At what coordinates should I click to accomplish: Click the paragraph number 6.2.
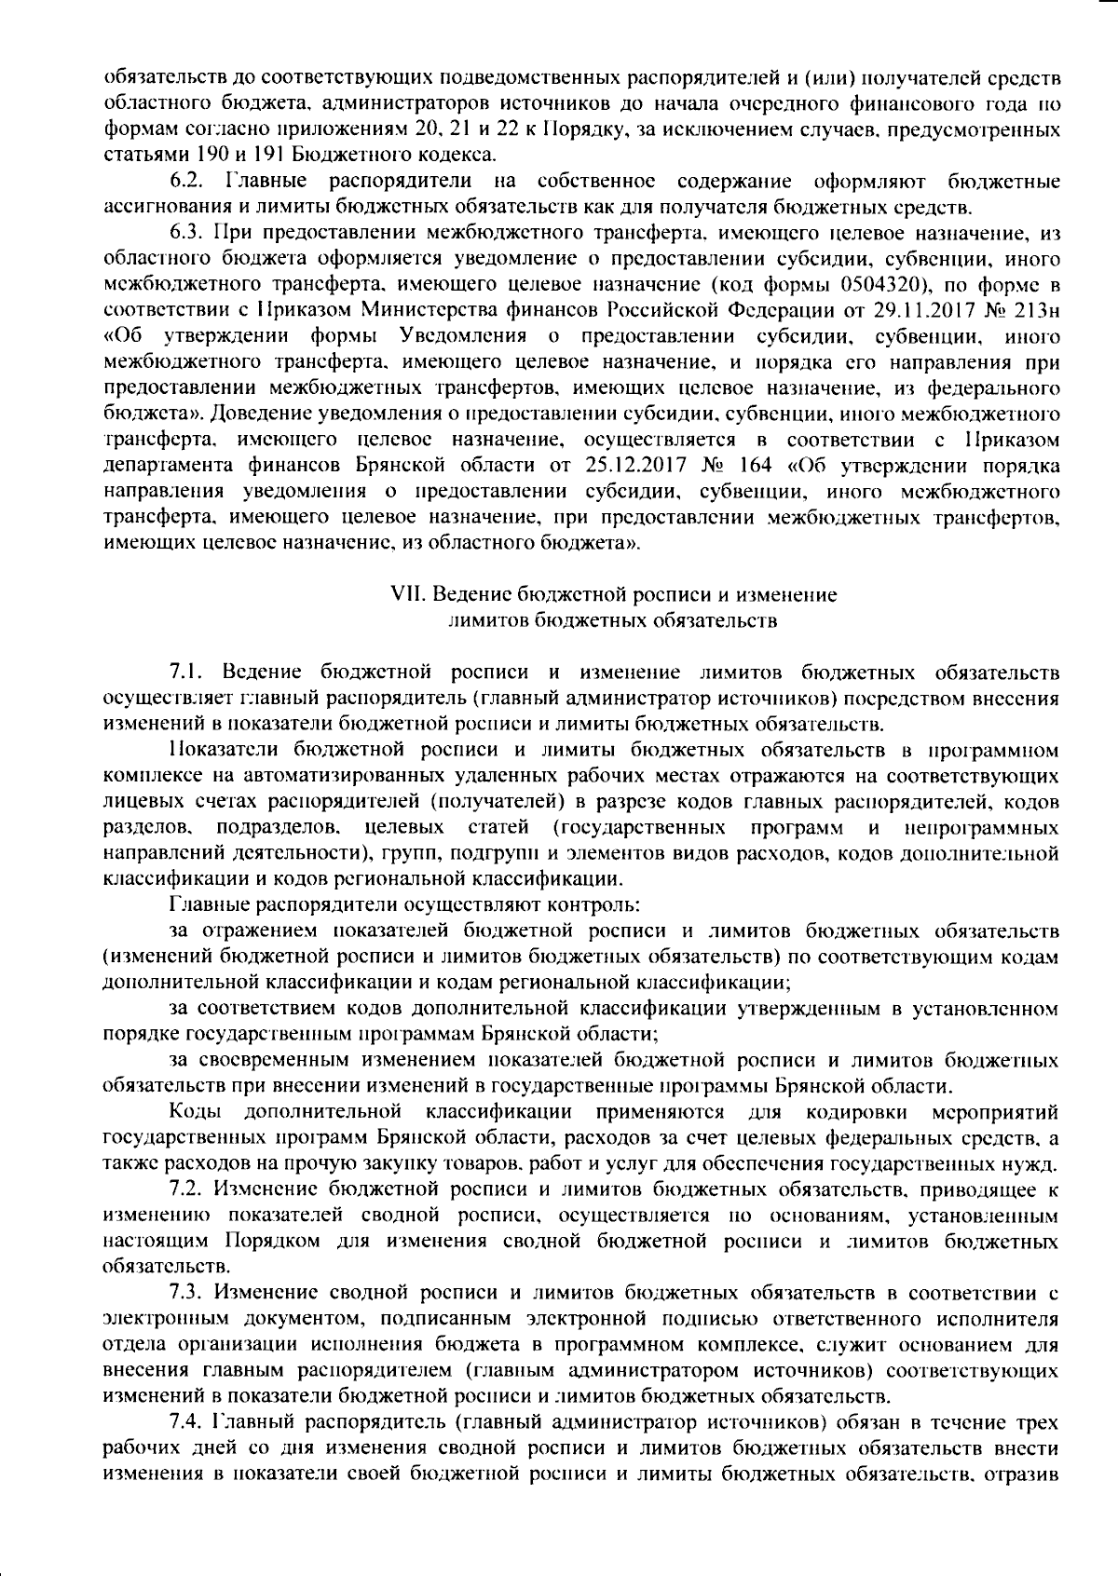click(187, 179)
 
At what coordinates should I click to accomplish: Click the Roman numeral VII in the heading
click(405, 593)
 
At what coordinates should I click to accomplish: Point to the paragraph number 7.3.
click(187, 1293)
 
